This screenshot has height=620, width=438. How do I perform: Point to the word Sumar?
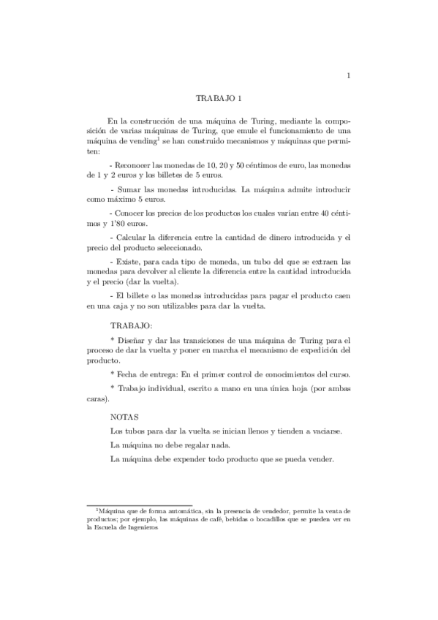click(x=132, y=189)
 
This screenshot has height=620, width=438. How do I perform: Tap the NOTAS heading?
click(x=124, y=416)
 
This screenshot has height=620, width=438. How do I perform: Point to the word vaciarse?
click(x=317, y=431)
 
